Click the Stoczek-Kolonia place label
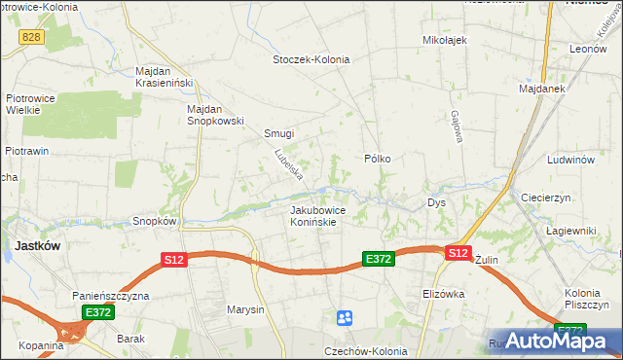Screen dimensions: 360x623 pos(311,58)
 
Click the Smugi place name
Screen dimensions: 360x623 pos(278,133)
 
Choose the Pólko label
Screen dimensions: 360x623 pos(377,158)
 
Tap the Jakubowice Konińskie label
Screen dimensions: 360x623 pos(314,215)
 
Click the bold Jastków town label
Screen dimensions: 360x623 pos(37,246)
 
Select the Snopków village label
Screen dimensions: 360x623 pos(154,221)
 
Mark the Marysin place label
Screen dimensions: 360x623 pos(245,310)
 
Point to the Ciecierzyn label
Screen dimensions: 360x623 pos(546,197)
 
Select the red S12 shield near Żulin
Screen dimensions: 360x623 pos(458,252)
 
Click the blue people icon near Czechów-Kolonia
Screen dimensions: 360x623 pos(344,317)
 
